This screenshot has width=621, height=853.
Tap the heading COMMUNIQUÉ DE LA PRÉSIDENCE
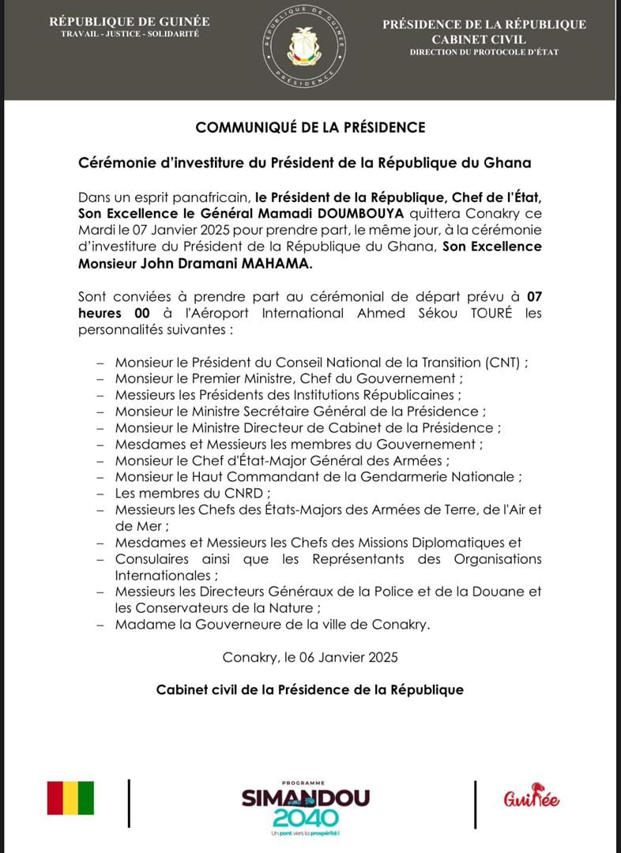[310, 127]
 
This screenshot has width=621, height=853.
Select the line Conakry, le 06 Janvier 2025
[310, 657]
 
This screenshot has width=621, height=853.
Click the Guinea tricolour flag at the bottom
[70, 798]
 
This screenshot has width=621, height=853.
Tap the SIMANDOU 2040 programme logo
[305, 806]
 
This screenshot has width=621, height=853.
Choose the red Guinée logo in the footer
[531, 797]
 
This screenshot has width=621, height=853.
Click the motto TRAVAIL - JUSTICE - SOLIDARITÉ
[130, 35]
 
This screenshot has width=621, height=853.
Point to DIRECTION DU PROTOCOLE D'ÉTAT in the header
[484, 52]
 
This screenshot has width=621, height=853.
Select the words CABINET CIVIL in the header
[484, 39]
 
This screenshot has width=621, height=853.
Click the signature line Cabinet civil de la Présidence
[310, 690]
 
